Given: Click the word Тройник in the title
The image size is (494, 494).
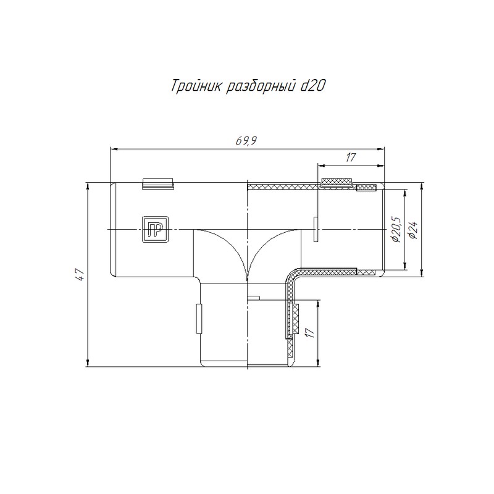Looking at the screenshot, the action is pos(195,86).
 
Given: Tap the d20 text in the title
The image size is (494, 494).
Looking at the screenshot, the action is pos(312,86).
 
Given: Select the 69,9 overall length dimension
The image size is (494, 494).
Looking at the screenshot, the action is pos(246,141).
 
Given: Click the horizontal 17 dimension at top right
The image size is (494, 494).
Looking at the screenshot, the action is pos(350,157).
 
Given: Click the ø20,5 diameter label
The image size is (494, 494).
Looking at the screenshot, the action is pos(395,229).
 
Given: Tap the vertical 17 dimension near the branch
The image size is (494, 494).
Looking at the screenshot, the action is pos(311,333).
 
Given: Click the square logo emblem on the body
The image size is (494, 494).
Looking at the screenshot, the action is pos(155,229).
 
